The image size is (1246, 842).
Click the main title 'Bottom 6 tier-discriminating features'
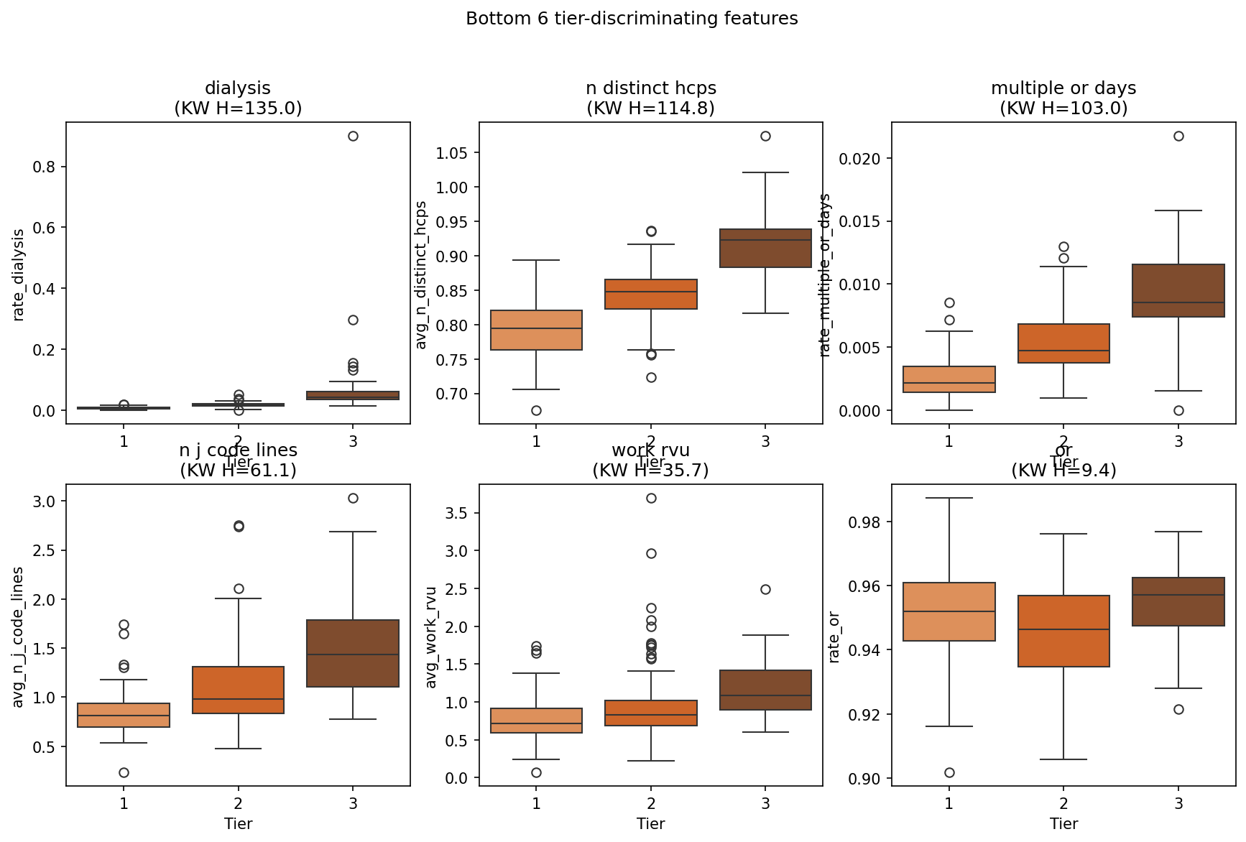tap(632, 19)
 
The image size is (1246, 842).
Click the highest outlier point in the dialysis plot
tap(353, 136)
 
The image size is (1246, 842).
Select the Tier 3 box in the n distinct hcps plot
tap(765, 248)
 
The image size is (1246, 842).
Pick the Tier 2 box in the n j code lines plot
tap(238, 690)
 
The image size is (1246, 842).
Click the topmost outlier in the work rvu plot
tap(651, 498)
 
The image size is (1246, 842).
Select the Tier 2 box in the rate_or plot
tap(1063, 631)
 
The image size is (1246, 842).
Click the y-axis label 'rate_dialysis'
tap(19, 274)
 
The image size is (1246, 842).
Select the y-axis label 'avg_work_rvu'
tap(431, 637)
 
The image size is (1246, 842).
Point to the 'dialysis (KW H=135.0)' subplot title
tap(238, 98)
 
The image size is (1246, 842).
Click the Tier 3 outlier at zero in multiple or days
tap(1178, 410)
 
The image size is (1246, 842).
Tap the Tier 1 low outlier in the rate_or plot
tap(949, 772)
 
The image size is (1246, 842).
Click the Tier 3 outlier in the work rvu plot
tap(765, 589)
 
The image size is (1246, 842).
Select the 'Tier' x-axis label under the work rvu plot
tap(650, 824)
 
